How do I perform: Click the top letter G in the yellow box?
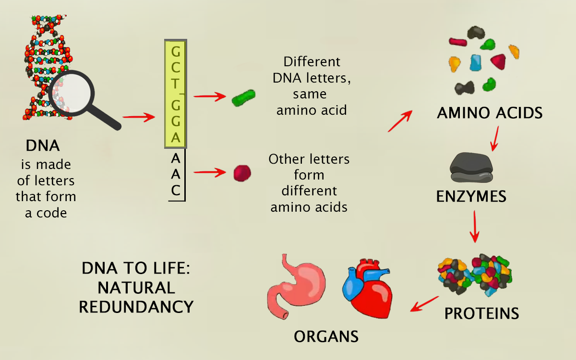(x=176, y=51)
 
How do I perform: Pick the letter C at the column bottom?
(x=176, y=191)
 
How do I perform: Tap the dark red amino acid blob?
(x=242, y=172)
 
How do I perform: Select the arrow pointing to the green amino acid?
(x=209, y=96)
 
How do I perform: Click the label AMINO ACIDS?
(x=490, y=113)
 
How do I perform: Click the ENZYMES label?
(x=471, y=196)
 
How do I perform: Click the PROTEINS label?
(x=481, y=313)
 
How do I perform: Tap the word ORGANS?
(x=326, y=336)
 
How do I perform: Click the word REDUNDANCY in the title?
(x=136, y=307)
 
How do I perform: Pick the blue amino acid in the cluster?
(x=475, y=62)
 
